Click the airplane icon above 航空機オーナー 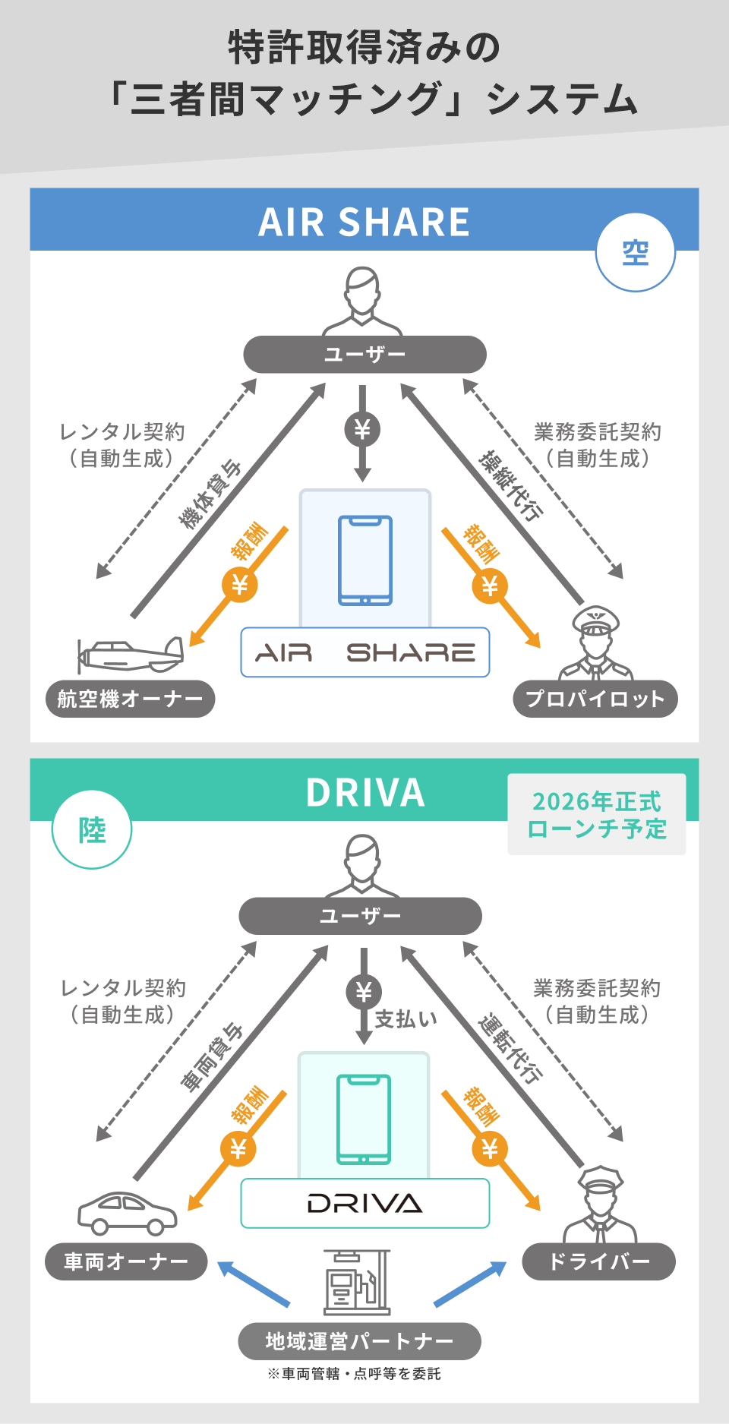coord(131,654)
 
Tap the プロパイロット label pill coord(595,699)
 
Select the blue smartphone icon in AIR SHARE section coord(365,560)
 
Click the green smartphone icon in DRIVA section coord(364,1119)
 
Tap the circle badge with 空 coord(636,252)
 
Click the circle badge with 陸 coord(92,829)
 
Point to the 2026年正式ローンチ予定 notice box coord(597,814)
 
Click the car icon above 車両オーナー coord(127,1213)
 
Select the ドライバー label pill coord(598,1261)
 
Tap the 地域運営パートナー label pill coord(359,1341)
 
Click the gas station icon coord(357,1282)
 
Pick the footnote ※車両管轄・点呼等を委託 coord(354,1374)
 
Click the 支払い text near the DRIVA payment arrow coord(406,1018)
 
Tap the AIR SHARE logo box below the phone coord(365,652)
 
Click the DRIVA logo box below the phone coord(365,1203)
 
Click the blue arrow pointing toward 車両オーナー coord(254,1283)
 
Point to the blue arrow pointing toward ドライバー coord(470,1283)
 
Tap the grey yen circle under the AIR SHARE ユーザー coord(362,430)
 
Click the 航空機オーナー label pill coord(130,699)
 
